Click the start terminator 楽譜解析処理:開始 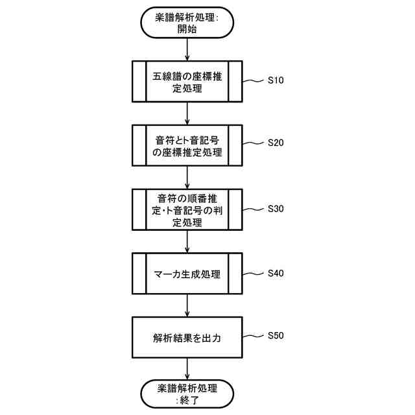[x=187, y=23]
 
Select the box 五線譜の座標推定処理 [x=187, y=82]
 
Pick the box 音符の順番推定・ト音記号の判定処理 [x=187, y=209]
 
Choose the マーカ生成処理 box [x=187, y=274]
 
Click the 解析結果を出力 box [x=187, y=337]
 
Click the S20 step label [x=276, y=143]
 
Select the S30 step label [x=276, y=209]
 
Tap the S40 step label [x=276, y=272]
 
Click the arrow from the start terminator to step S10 [x=187, y=49]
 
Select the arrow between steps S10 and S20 [x=187, y=113]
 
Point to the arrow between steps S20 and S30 [x=187, y=177]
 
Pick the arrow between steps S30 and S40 [x=187, y=241]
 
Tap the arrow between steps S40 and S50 [x=187, y=305]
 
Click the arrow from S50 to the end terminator [x=187, y=368]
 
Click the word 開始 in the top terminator [x=187, y=29]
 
